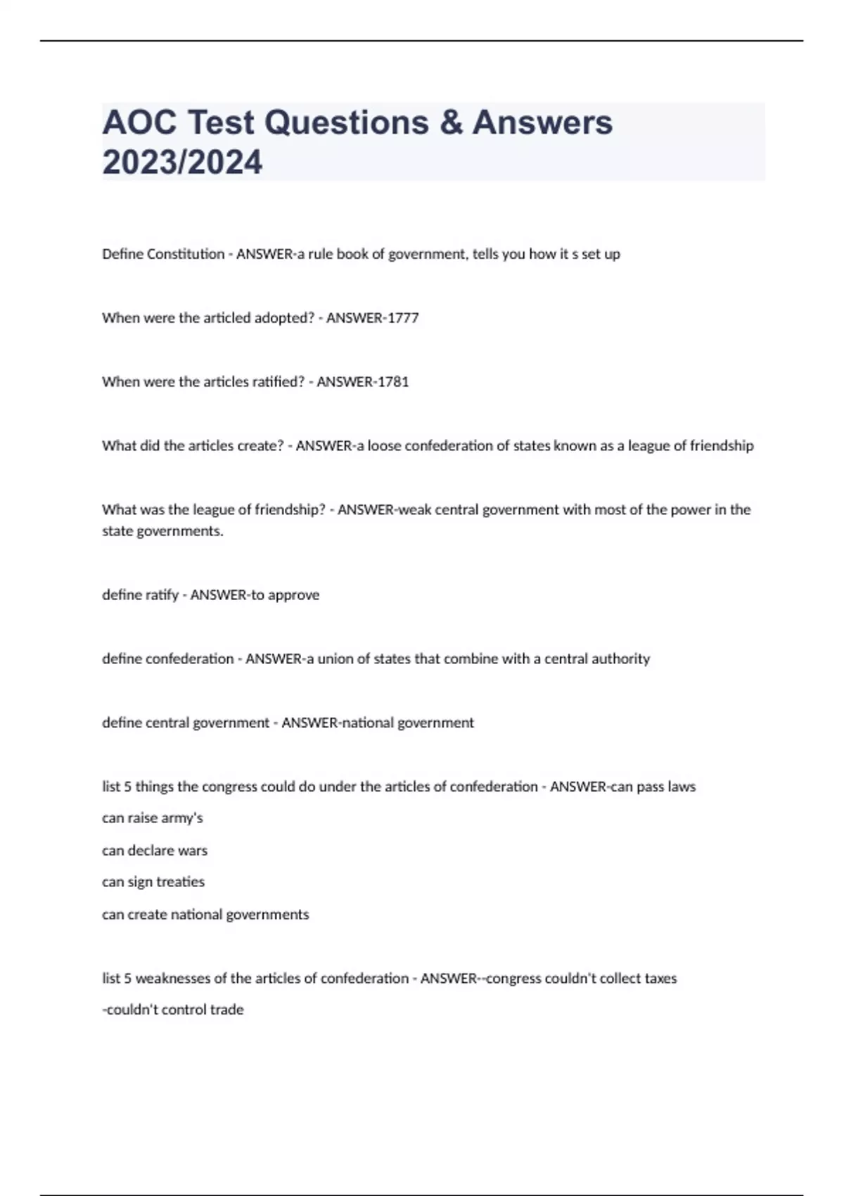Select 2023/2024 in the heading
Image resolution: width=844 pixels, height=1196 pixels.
[182, 163]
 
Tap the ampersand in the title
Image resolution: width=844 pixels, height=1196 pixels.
[450, 122]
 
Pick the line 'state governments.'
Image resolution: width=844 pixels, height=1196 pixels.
[162, 531]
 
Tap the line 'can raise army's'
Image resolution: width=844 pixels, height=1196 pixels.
[153, 818]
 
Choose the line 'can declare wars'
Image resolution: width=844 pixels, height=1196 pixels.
[155, 851]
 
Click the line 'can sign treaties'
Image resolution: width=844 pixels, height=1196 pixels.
[153, 882]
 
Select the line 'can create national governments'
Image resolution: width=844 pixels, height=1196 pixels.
[205, 915]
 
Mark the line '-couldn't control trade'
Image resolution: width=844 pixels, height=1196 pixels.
[173, 1010]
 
